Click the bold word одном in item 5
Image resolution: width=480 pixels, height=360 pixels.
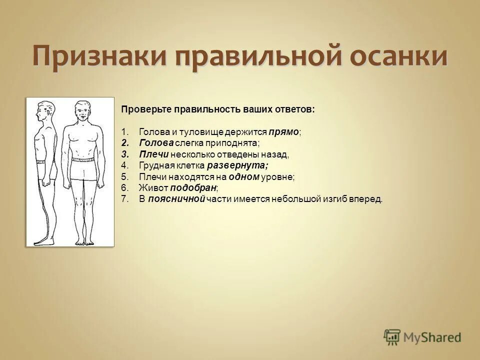point(244,177)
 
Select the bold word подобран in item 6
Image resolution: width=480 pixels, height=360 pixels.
point(193,188)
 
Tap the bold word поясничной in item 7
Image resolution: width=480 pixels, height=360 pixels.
point(176,199)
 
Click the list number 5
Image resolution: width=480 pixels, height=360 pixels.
point(124,177)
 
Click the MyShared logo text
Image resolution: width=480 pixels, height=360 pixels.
point(433,337)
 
